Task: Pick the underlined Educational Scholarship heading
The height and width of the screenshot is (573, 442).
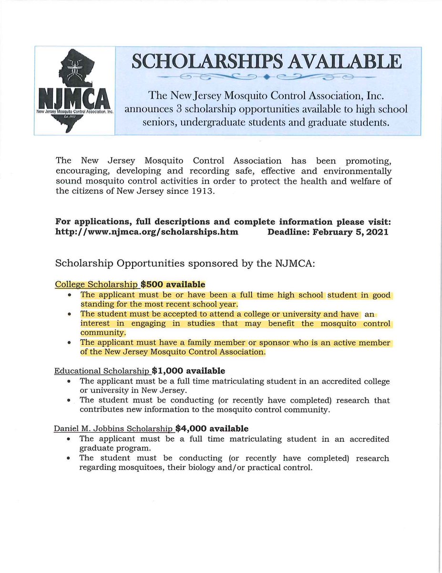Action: click(x=102, y=371)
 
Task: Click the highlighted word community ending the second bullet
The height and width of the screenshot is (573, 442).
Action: click(x=103, y=333)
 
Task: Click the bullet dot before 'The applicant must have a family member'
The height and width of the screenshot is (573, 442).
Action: click(x=70, y=344)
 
